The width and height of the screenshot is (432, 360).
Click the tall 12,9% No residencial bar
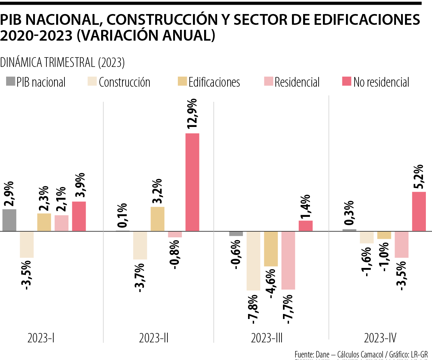192,182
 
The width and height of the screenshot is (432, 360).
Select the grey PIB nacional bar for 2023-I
9,220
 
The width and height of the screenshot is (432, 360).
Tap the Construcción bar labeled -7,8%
253,261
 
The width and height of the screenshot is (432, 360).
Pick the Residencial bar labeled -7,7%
288,260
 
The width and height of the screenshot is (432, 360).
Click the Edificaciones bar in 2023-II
157,219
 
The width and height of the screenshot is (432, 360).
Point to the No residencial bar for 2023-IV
419,211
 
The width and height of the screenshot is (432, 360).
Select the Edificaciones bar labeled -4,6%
271,249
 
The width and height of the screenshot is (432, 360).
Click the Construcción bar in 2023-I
27,245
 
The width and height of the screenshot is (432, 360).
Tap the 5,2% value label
418,177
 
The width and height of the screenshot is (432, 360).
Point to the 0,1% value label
123,216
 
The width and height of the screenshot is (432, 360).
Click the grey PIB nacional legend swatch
11,82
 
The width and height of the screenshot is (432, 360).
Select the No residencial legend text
381,82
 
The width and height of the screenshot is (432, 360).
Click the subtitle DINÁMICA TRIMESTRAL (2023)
63,63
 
